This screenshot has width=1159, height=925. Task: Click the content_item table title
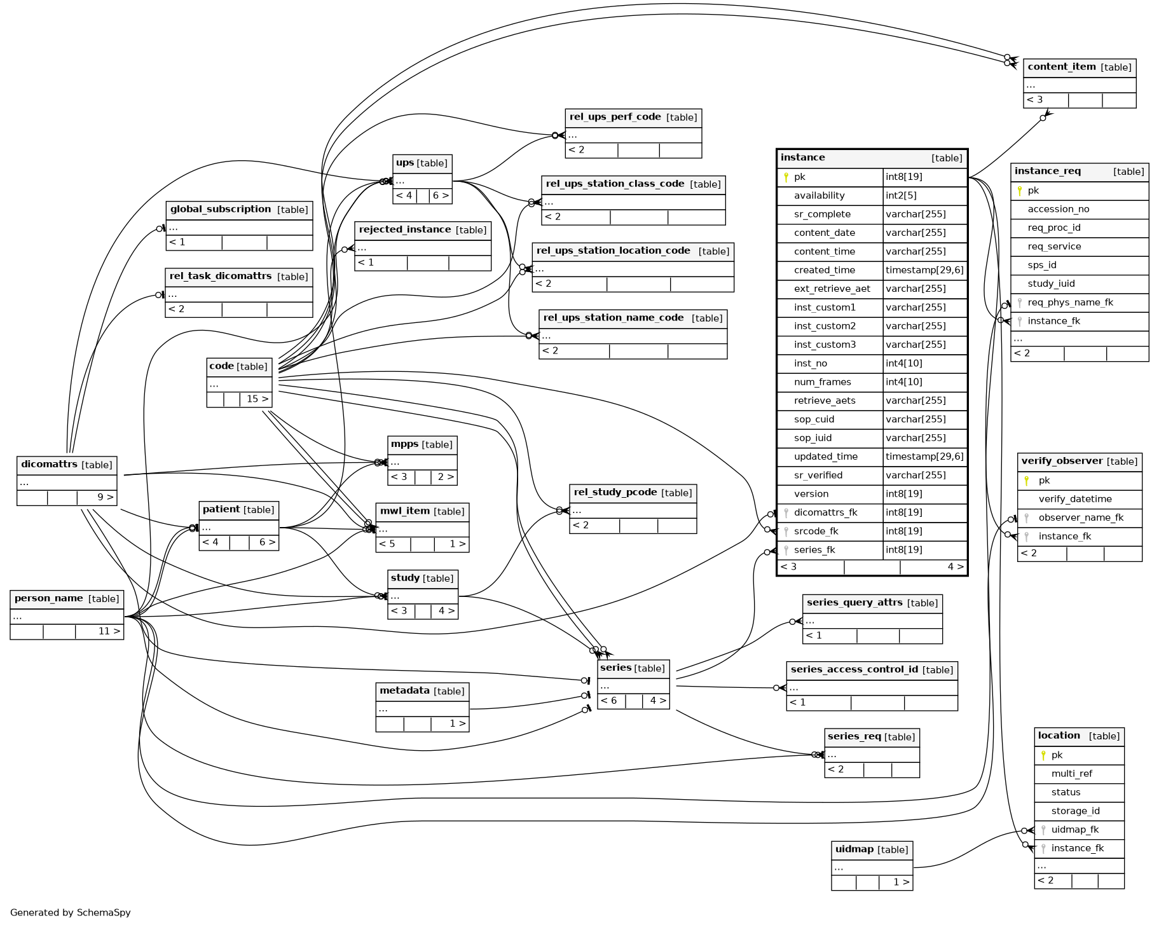click(x=1062, y=67)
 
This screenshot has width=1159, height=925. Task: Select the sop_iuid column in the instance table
click(x=813, y=438)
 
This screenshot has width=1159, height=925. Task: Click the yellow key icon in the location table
click(x=1043, y=755)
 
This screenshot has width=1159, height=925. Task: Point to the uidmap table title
click(x=854, y=849)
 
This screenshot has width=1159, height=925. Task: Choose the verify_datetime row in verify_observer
click(x=1075, y=499)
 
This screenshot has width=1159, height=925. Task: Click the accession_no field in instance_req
click(x=1059, y=209)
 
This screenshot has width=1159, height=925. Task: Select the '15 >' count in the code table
click(x=257, y=399)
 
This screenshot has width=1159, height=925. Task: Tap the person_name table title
click(x=48, y=598)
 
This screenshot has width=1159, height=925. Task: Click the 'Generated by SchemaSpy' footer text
click(x=71, y=912)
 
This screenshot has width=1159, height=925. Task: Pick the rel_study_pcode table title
click(x=615, y=493)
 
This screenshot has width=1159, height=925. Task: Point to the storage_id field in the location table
click(x=1075, y=811)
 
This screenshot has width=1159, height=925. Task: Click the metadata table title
click(x=404, y=690)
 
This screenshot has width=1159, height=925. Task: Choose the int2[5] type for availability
click(x=901, y=196)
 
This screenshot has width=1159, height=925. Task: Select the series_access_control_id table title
click(x=854, y=669)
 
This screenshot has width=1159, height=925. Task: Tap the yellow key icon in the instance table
click(x=786, y=177)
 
